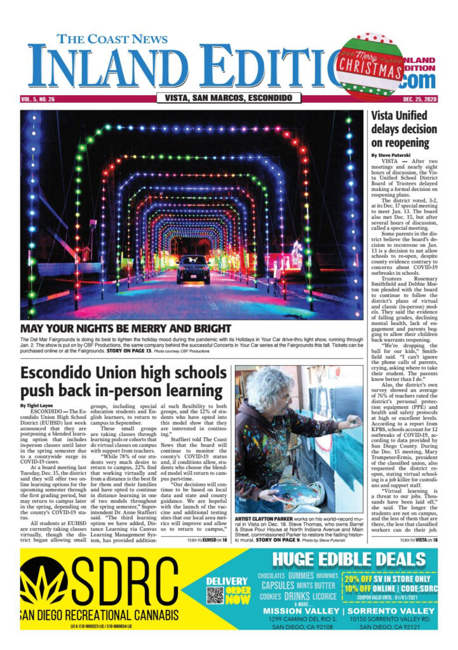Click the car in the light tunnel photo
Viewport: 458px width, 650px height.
click(x=192, y=269)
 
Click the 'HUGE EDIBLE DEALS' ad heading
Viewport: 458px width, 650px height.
click(x=344, y=560)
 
